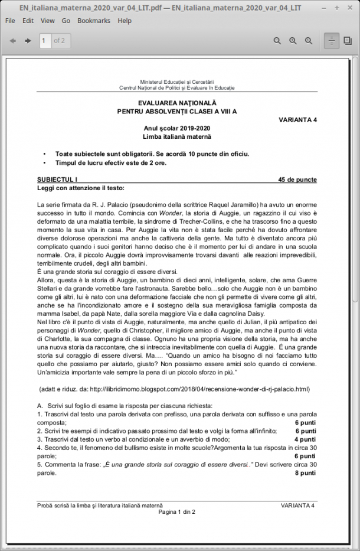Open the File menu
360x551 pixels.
pos(10,21)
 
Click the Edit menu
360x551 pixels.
pos(28,21)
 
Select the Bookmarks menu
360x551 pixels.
pos(94,21)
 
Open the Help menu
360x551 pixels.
pos(125,21)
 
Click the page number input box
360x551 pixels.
pos(45,41)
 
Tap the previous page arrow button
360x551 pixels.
pos(12,41)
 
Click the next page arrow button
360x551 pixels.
pos(28,41)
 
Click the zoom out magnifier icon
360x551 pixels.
pos(277,41)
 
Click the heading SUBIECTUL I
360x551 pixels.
pos(57,180)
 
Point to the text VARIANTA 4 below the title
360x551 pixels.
pos(297,119)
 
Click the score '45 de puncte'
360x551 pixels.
pos(297,180)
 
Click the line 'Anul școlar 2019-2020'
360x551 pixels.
pos(177,128)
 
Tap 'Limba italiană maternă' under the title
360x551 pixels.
pos(177,136)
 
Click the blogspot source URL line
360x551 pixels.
pos(174,389)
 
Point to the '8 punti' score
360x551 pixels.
pos(306,473)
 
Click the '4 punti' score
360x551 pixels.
pos(305,439)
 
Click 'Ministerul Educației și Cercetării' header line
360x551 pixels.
pos(177,81)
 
